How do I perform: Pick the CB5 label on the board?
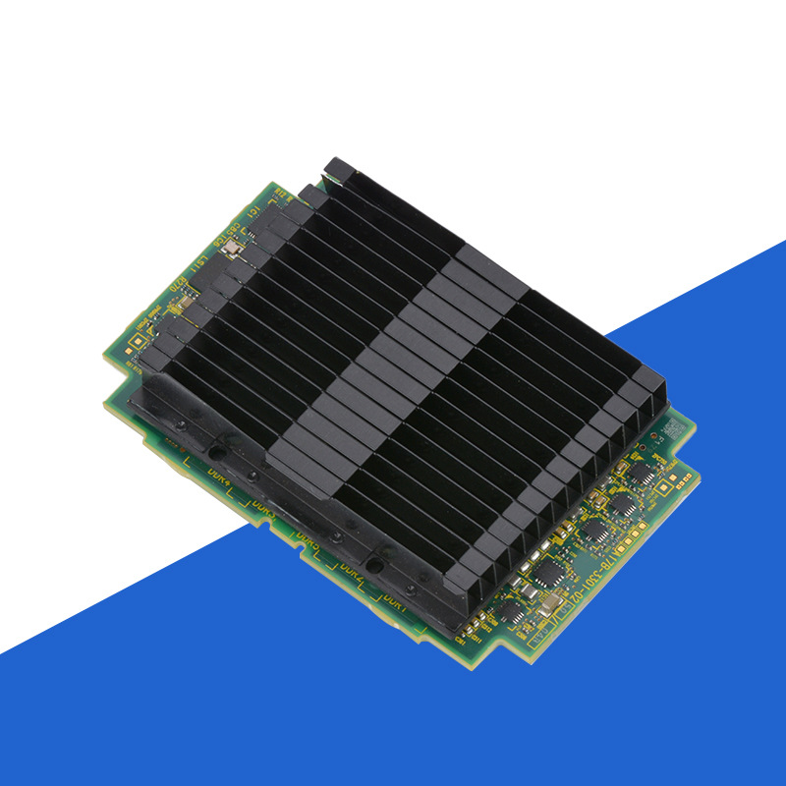[237, 237]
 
